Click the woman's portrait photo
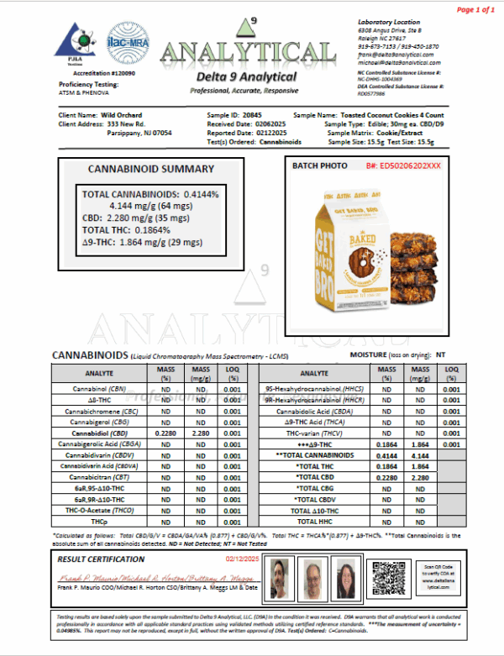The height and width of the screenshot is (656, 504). point(346,579)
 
